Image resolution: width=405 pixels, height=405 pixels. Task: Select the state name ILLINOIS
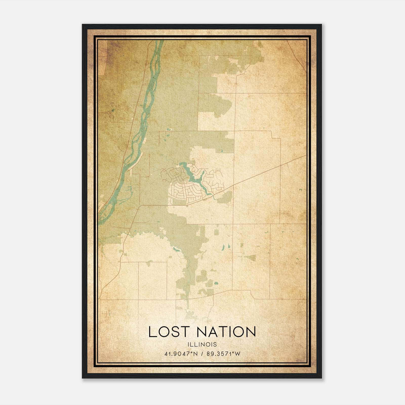click(202, 345)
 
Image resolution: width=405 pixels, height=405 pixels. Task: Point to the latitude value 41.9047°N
click(180, 354)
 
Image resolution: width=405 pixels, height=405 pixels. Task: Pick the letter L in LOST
click(152, 332)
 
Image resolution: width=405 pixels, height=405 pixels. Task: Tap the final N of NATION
click(251, 332)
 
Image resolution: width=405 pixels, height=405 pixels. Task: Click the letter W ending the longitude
click(237, 354)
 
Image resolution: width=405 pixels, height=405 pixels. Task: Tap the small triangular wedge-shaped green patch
click(251, 258)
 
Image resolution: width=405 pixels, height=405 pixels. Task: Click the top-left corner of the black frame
click(83, 25)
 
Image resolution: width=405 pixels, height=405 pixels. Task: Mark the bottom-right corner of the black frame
click(321, 378)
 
